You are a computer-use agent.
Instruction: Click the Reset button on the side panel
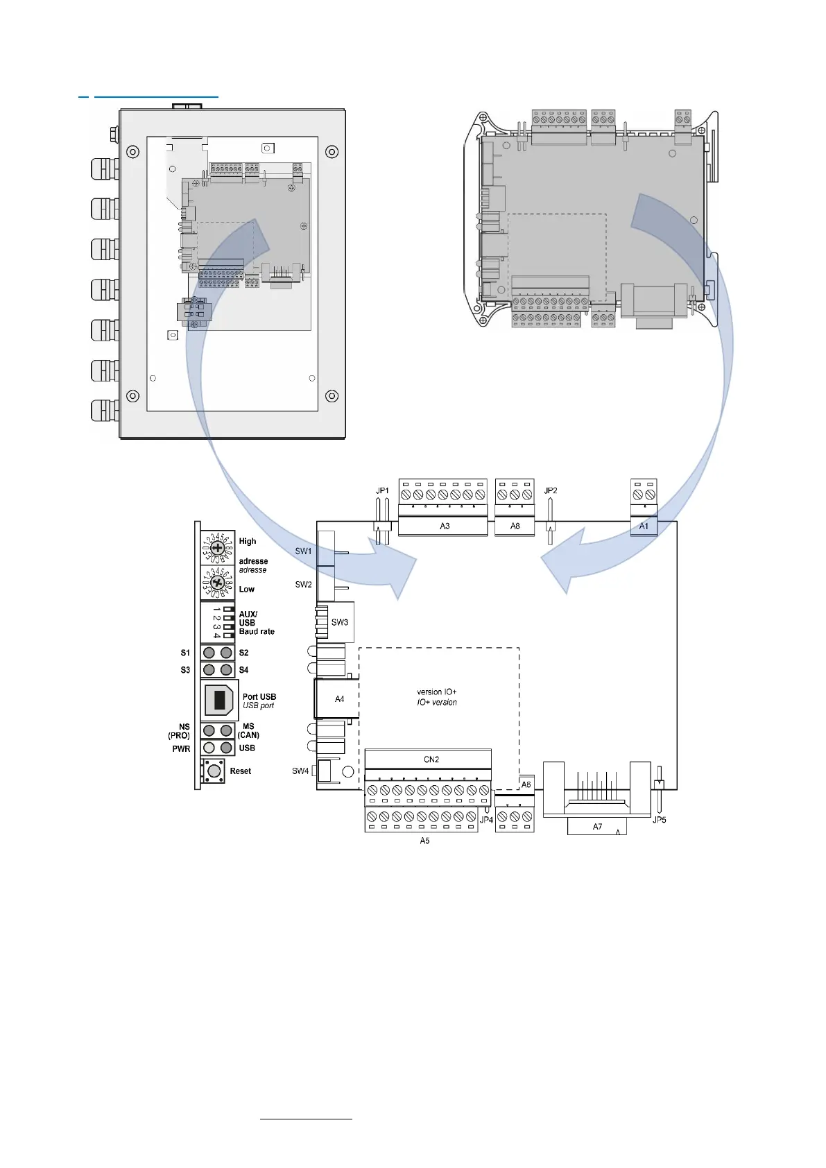tap(215, 771)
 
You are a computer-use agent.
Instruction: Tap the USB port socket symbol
tap(220, 700)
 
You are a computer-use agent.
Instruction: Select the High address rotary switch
tap(217, 547)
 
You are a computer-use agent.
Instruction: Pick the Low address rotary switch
tap(217, 583)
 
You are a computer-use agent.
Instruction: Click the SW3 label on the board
tap(339, 622)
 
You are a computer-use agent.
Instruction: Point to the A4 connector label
tap(339, 699)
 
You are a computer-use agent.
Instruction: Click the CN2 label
tap(431, 759)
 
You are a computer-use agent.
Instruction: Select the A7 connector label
tap(597, 827)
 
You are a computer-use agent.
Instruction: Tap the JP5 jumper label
tap(659, 820)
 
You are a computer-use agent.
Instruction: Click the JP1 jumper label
tap(382, 491)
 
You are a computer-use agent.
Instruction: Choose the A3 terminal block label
tap(445, 526)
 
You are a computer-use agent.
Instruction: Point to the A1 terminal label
tap(644, 526)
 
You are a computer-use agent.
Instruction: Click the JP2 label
tap(551, 490)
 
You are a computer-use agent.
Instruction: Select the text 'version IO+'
tap(437, 692)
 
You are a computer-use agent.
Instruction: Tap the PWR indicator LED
tap(209, 748)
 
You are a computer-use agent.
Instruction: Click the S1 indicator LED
tap(209, 653)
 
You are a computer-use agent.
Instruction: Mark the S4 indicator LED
tap(226, 670)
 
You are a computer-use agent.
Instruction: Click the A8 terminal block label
tap(515, 526)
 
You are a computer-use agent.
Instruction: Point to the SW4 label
tap(300, 771)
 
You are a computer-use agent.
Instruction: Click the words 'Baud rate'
tap(257, 632)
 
